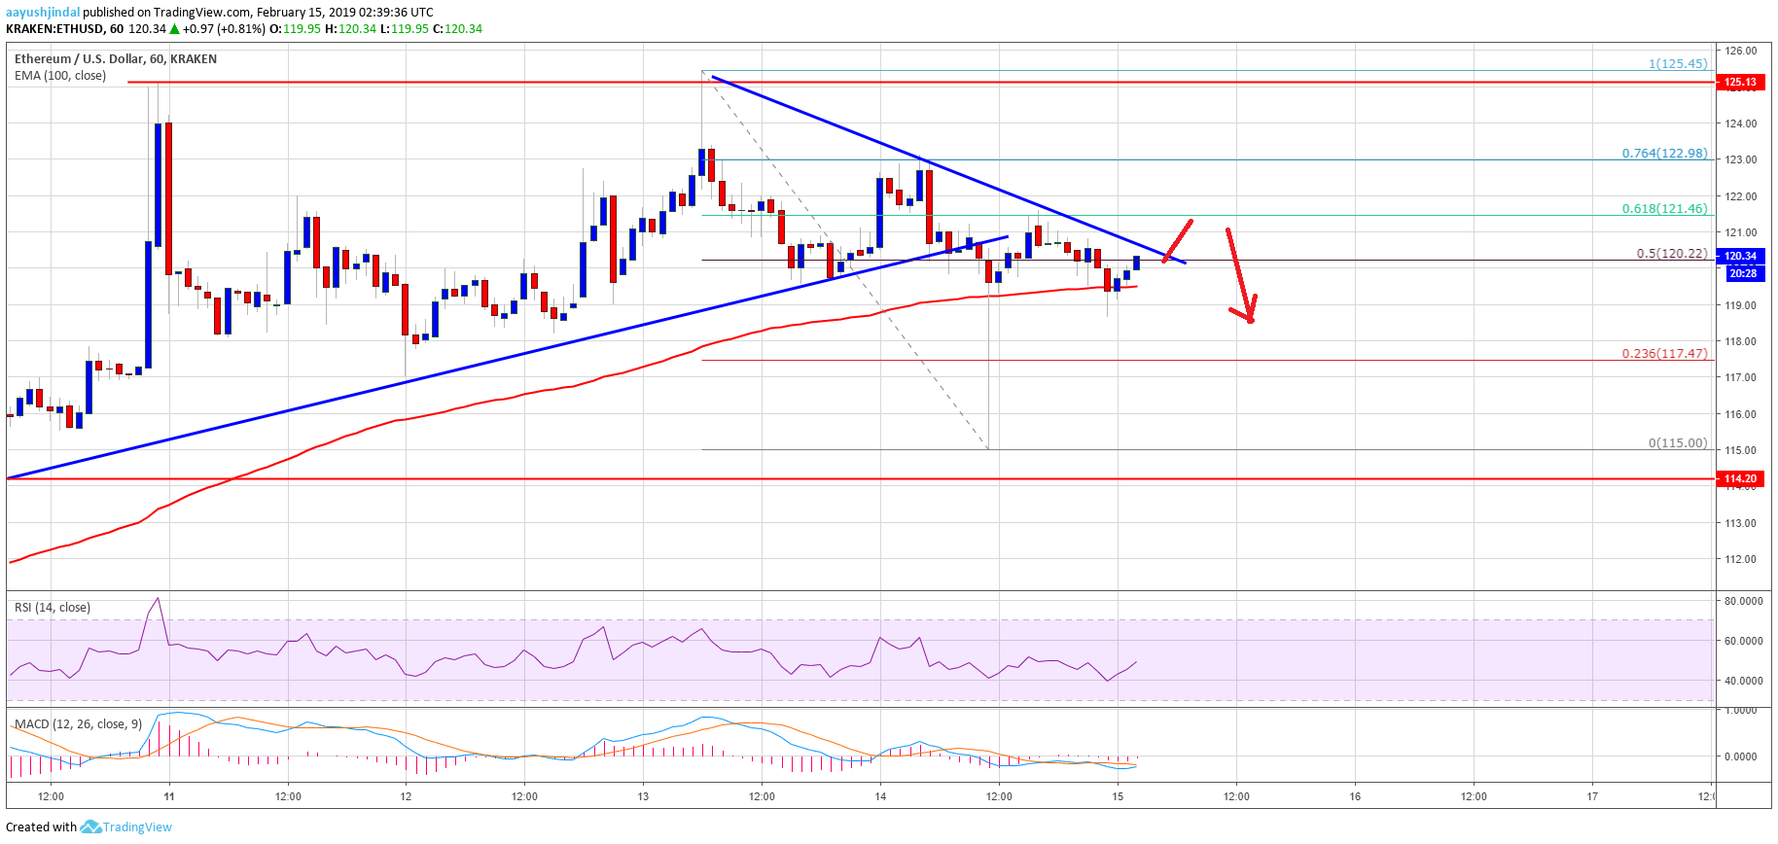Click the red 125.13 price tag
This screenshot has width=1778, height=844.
(x=1740, y=82)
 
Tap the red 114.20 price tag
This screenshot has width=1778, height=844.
(x=1740, y=478)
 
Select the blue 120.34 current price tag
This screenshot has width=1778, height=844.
(x=1740, y=257)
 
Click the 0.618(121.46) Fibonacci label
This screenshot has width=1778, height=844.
(x=1663, y=208)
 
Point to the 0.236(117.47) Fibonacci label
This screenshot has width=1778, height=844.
(x=1663, y=353)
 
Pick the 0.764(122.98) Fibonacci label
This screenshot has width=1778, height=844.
(x=1663, y=153)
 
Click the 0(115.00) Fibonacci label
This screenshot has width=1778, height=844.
(x=1677, y=442)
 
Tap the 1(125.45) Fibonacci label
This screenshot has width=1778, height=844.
(x=1677, y=63)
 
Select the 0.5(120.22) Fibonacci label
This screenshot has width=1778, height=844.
(x=1671, y=253)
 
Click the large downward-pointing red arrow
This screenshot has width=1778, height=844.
(x=1240, y=277)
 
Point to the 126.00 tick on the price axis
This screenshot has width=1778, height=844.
(x=1740, y=51)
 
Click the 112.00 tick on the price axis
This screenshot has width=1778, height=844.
(x=1740, y=559)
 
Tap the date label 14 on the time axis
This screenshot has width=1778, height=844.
(x=880, y=796)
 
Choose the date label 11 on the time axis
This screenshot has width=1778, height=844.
(x=169, y=796)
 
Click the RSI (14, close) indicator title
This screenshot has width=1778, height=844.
(x=53, y=608)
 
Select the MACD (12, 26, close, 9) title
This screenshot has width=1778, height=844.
(x=78, y=724)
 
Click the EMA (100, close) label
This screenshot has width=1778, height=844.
(x=60, y=76)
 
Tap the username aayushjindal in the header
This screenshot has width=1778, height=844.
(x=43, y=13)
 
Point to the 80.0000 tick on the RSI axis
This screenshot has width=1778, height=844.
(x=1743, y=601)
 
